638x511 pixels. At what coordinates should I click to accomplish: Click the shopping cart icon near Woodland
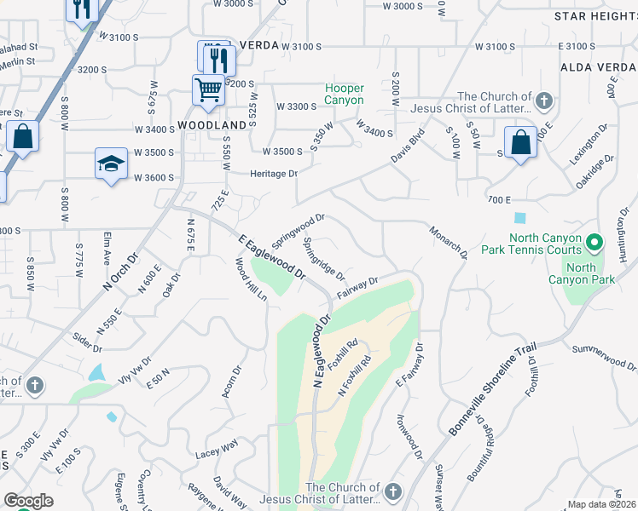coord(208,89)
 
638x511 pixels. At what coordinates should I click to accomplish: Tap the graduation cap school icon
coord(110,164)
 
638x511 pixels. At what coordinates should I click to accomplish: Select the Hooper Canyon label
coord(344,94)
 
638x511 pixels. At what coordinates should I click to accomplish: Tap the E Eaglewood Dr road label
coord(272,258)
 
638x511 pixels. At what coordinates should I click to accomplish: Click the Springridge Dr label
coord(323,259)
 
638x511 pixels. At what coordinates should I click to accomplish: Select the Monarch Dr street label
coord(449,242)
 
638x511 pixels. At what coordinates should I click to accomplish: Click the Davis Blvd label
coord(407,146)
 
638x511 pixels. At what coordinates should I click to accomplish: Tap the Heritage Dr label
coord(273,174)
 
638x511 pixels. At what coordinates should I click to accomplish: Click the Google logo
coord(28,501)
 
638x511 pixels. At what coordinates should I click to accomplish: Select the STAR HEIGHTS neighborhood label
coord(594,16)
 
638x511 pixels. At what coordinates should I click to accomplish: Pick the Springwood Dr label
coord(299,231)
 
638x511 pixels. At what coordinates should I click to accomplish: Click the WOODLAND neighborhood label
coord(212,124)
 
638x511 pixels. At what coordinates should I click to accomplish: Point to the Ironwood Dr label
coord(409,438)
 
